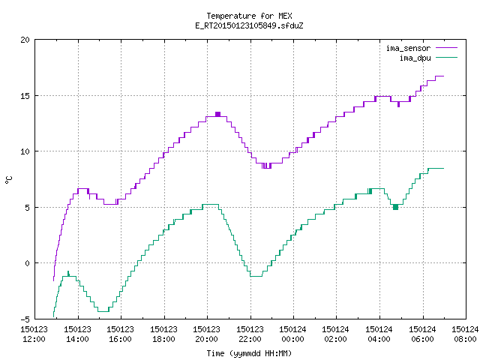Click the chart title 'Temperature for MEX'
249,16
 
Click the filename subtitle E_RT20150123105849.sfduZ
249,25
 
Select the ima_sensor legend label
408,48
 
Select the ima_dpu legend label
415,58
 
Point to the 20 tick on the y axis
25,40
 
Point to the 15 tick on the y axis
25,96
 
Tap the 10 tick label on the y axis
25,151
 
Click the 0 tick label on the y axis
27,263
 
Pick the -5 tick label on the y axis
25,319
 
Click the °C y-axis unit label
8,180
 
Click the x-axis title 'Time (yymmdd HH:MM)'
249,353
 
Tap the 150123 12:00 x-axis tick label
34,334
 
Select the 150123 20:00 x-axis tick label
207,334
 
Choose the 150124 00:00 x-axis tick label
293,334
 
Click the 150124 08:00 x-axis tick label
465,334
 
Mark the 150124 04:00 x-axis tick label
379,334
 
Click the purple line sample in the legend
447,48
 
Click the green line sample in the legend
447,58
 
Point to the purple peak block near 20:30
217,114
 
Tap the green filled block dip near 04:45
395,207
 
